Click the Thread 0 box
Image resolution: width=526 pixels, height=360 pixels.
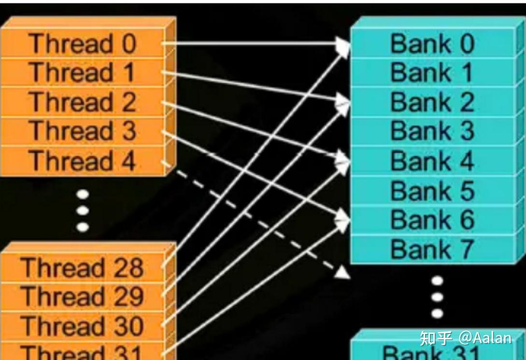(x=82, y=43)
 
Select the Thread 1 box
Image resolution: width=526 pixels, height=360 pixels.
(x=82, y=72)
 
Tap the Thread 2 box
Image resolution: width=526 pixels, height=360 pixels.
(x=82, y=102)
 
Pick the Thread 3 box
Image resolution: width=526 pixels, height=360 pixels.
(x=82, y=131)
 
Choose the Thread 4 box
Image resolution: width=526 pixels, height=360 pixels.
(x=82, y=161)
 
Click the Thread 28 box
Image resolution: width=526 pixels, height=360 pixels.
(x=82, y=267)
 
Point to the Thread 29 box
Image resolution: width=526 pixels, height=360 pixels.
(x=82, y=296)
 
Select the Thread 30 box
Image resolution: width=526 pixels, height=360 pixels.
(x=82, y=326)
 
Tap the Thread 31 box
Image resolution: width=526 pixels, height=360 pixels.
(x=82, y=352)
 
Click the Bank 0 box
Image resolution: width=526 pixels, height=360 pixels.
(x=432, y=43)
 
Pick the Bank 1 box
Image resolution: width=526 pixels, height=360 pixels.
(x=432, y=73)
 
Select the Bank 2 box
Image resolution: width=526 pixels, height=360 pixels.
(x=432, y=102)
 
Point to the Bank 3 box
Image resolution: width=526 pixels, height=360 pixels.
(x=432, y=131)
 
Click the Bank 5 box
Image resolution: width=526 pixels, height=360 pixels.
(x=432, y=191)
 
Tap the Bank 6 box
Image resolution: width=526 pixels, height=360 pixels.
(x=432, y=220)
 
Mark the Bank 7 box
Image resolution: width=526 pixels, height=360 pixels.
(x=432, y=249)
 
